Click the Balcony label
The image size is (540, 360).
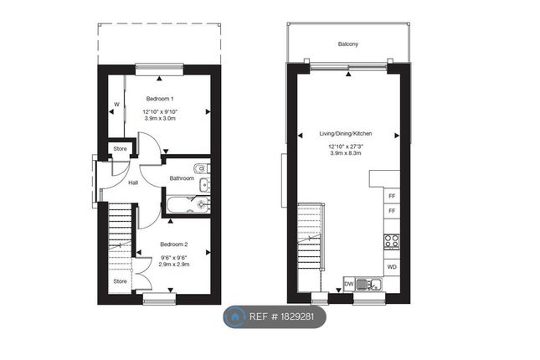[349, 44]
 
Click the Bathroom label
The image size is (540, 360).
[181, 178]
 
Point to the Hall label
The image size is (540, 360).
[132, 183]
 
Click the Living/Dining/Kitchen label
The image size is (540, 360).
[345, 134]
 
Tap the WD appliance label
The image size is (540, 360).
[391, 267]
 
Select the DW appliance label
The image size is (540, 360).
[347, 284]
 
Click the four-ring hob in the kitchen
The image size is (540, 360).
[391, 241]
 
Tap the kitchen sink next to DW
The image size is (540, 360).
[368, 285]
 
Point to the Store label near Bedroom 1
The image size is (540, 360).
[120, 149]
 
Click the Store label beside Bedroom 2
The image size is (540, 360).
[120, 281]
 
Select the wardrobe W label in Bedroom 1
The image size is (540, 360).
[116, 105]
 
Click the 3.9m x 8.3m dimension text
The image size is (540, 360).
[345, 154]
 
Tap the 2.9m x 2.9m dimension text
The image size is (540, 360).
[174, 264]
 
